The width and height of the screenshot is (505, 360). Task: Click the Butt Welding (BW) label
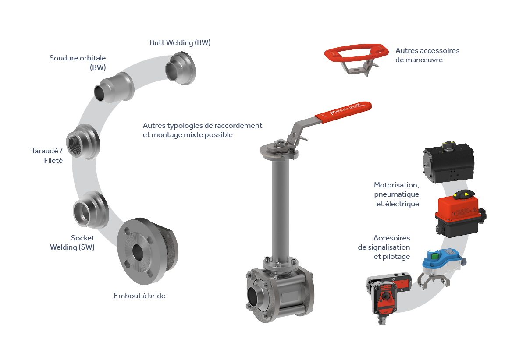pyautogui.click(x=180, y=43)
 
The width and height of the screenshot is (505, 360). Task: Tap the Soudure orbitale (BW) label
pyautogui.click(x=78, y=63)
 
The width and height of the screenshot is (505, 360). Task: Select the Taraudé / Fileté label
pyautogui.click(x=47, y=155)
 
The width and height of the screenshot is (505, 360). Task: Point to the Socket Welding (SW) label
pyautogui.click(x=72, y=243)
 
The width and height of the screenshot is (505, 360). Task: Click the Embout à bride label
pyautogui.click(x=139, y=296)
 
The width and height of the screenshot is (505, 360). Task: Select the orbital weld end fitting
pyautogui.click(x=114, y=88)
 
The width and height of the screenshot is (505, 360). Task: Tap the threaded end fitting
pyautogui.click(x=83, y=141)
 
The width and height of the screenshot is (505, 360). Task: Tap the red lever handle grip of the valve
pyautogui.click(x=343, y=112)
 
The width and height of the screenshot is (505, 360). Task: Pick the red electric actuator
pyautogui.click(x=460, y=214)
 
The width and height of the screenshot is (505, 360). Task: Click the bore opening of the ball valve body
pyautogui.click(x=255, y=293)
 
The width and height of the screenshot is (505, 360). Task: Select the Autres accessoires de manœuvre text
pyautogui.click(x=427, y=55)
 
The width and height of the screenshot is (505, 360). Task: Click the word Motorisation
pyautogui.click(x=396, y=185)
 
